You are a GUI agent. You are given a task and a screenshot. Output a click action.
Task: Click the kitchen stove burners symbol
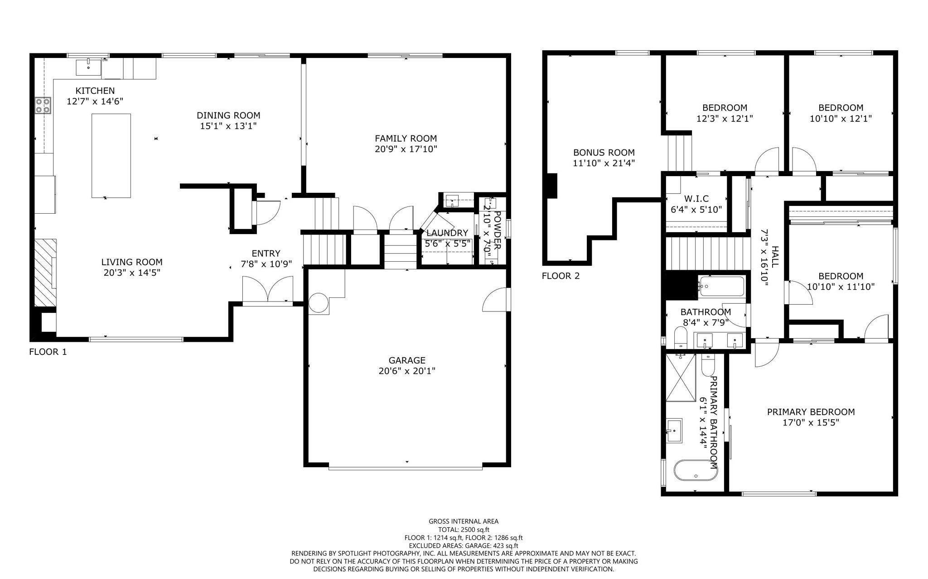point(43,105)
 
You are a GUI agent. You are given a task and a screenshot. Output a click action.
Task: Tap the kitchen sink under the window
point(88,67)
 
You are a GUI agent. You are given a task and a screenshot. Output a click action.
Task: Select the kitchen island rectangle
point(111,156)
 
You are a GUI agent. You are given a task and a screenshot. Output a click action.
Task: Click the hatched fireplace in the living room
point(45,273)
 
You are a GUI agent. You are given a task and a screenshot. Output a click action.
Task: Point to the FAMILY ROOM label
point(406,139)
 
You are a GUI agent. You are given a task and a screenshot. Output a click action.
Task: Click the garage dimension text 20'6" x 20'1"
point(406,371)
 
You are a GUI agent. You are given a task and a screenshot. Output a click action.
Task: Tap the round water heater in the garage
point(319,303)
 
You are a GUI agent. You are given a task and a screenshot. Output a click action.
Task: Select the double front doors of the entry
point(268,290)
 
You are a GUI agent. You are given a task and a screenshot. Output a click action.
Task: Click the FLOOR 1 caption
point(48,352)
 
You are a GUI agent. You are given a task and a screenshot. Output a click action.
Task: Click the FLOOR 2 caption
point(561,276)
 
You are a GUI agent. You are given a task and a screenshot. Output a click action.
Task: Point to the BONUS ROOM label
point(604,153)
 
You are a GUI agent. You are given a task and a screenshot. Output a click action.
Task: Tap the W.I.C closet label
point(696,199)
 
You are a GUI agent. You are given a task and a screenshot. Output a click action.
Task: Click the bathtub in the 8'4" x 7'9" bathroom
point(721,287)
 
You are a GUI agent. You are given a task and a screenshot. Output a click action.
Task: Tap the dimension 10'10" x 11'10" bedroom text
point(841,287)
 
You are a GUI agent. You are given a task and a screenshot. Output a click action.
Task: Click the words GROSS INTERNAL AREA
point(464,522)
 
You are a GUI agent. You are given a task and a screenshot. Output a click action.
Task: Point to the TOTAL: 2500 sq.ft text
point(464,530)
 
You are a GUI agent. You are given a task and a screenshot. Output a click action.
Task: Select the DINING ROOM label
point(228,115)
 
